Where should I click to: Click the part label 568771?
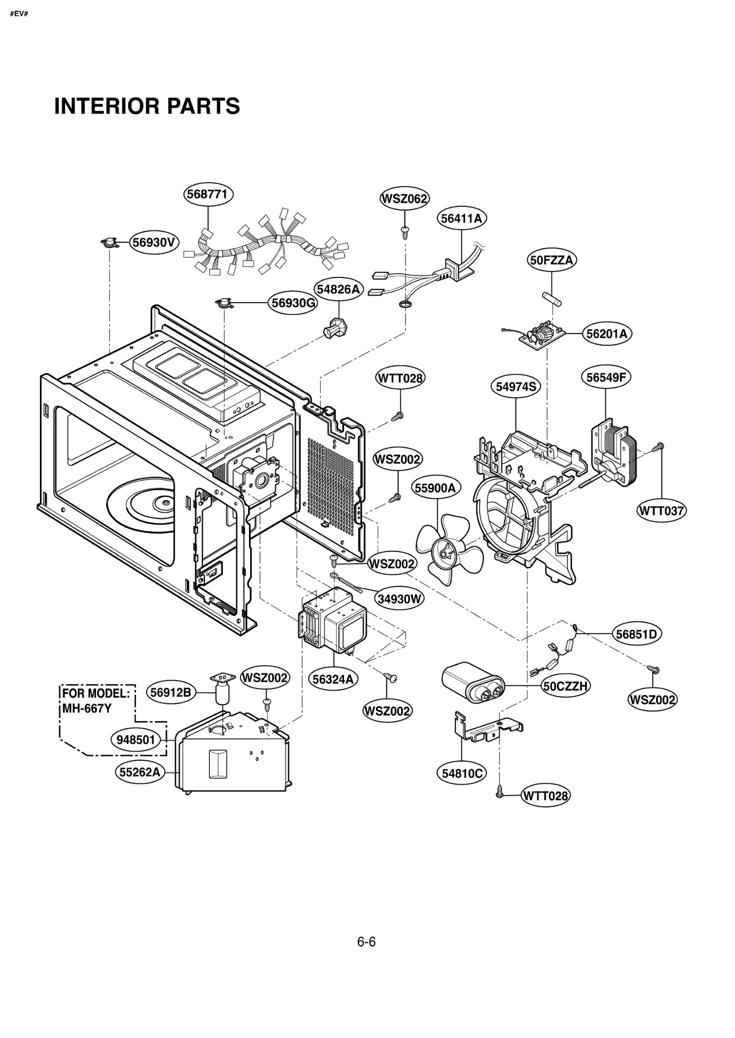click(208, 194)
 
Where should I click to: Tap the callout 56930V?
click(154, 242)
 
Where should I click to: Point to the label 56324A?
click(333, 679)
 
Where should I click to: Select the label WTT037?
click(661, 511)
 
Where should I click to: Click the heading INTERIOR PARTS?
click(147, 106)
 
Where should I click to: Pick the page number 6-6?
click(366, 929)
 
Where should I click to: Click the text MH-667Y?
click(87, 709)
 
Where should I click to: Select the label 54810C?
click(462, 774)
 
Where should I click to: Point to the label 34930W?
click(400, 599)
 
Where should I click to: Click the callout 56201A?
click(606, 334)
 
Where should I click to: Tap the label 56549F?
click(606, 377)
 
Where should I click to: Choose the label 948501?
click(136, 740)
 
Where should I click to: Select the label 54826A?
click(339, 289)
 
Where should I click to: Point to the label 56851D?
click(636, 634)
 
